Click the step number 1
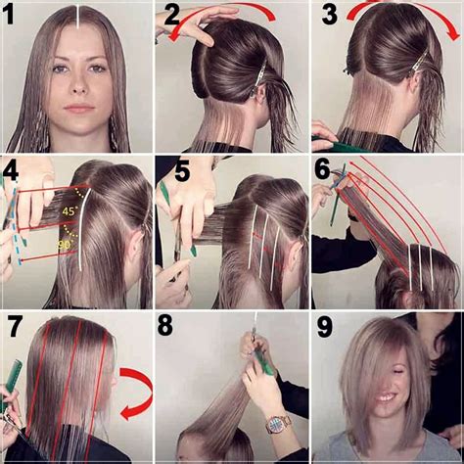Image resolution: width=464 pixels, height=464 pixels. click(x=10, y=15)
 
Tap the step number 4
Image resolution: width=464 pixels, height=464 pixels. click(x=10, y=174)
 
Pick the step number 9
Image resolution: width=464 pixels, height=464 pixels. click(x=325, y=327)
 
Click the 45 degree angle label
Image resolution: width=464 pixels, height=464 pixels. click(x=69, y=211)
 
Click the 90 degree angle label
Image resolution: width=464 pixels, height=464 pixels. click(x=64, y=245)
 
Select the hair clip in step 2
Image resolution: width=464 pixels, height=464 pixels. click(x=258, y=76)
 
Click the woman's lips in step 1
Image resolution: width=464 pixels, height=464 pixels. click(x=79, y=108)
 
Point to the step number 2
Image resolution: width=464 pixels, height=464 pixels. click(x=172, y=15)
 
